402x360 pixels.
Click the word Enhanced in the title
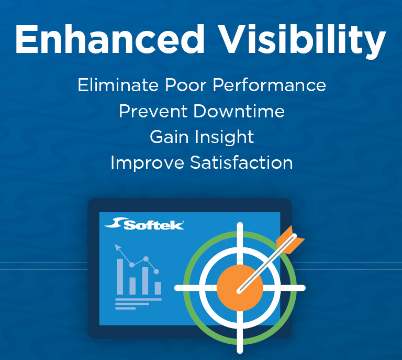coord(110,40)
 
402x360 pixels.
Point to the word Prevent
coord(152,111)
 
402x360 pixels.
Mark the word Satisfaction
coord(241,162)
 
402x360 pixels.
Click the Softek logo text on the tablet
coord(153,225)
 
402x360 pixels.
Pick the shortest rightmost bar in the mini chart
coord(158,288)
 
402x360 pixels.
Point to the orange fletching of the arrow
coord(289,239)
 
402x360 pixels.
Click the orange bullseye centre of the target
coord(239,288)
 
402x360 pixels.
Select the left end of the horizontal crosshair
coord(177,288)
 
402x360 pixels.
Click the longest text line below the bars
coord(138,299)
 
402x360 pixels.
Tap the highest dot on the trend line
coord(146,259)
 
